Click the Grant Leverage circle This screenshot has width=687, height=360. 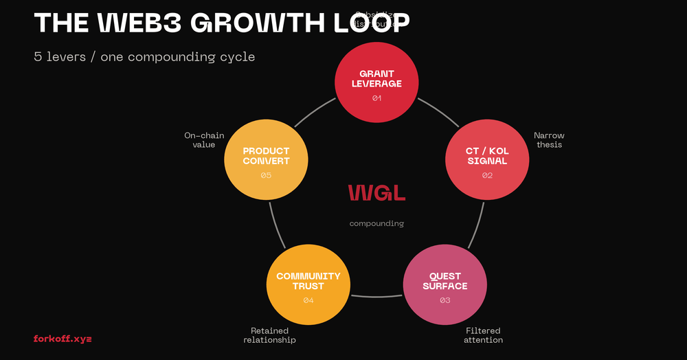click(x=376, y=81)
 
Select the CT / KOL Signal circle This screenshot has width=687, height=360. click(x=487, y=159)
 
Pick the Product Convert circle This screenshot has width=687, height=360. click(x=266, y=159)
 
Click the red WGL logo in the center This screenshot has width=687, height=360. click(x=376, y=193)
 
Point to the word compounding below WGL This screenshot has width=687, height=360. click(x=376, y=223)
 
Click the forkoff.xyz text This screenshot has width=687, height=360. click(x=63, y=339)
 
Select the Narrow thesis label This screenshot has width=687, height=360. click(x=549, y=140)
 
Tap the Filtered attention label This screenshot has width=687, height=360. click(x=483, y=335)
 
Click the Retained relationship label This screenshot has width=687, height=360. click(x=269, y=335)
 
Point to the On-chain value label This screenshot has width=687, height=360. click(x=204, y=140)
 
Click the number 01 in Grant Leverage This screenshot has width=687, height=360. click(x=376, y=98)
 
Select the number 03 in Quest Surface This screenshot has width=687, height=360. click(x=445, y=300)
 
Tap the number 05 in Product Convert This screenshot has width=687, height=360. click(x=266, y=176)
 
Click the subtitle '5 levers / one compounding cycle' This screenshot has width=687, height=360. click(x=144, y=56)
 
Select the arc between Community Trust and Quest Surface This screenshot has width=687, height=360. click(x=376, y=297)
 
